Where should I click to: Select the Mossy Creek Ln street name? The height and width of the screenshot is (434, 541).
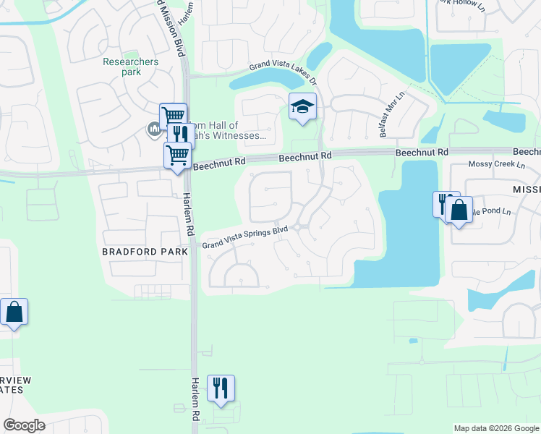click(497, 165)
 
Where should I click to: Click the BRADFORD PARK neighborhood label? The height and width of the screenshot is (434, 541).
click(145, 251)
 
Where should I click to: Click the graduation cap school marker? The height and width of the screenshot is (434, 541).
click(302, 108)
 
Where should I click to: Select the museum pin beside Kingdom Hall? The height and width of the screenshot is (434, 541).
click(153, 129)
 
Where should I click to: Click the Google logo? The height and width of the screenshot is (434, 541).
click(24, 425)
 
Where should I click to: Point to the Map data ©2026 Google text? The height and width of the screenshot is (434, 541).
click(496, 428)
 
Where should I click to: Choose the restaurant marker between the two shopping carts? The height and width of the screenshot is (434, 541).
click(179, 135)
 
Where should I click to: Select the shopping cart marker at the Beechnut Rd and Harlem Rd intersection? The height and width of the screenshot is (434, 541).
click(177, 154)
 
